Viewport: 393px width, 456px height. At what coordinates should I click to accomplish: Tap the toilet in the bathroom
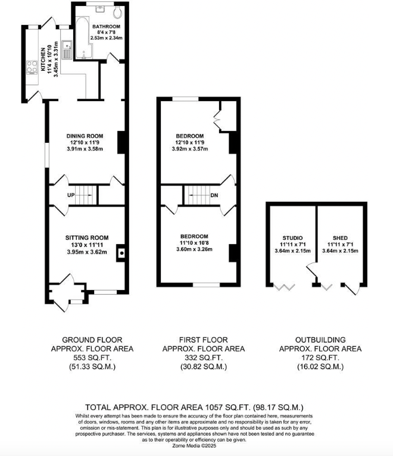click(117, 11)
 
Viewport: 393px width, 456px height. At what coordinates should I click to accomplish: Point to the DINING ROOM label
click(85, 136)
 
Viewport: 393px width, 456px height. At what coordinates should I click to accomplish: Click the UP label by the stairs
click(71, 195)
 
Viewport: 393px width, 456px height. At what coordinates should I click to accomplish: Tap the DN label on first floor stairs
click(213, 195)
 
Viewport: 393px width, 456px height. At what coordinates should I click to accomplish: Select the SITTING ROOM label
click(86, 238)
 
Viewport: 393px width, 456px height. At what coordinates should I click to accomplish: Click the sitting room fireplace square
click(121, 253)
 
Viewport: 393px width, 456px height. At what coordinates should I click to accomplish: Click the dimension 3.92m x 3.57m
click(190, 149)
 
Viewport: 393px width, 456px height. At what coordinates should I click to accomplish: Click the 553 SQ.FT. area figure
click(98, 358)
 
